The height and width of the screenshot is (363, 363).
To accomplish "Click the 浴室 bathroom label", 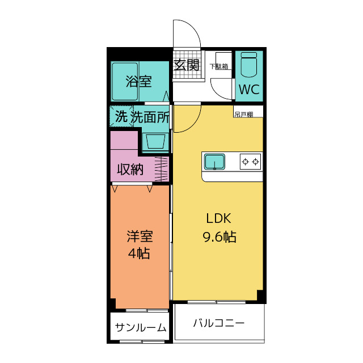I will pyautogui.click(x=138, y=81).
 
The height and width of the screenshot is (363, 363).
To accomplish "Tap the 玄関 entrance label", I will pyautogui.click(x=187, y=65).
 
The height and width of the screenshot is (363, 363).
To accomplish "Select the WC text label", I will pyautogui.click(x=248, y=90).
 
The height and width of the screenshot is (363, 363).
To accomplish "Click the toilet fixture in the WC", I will pyautogui.click(x=248, y=65).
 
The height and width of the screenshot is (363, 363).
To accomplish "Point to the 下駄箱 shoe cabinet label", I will pyautogui.click(x=219, y=66).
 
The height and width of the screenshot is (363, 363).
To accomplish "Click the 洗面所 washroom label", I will pyautogui.click(x=150, y=117).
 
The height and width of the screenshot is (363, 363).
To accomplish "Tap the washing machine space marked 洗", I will pyautogui.click(x=121, y=117).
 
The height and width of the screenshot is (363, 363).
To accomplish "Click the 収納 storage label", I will pyautogui.click(x=130, y=169).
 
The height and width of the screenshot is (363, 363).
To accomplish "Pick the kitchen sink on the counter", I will pyautogui.click(x=214, y=162).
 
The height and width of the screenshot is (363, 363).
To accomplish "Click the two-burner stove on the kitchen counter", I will pyautogui.click(x=250, y=162).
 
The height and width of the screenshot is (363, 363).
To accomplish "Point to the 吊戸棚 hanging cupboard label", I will pyautogui.click(x=244, y=114).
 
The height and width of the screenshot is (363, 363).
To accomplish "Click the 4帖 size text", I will pyautogui.click(x=139, y=254).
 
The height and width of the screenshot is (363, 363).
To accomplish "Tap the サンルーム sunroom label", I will pyautogui.click(x=141, y=327).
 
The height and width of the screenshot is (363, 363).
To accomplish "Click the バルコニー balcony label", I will pyautogui.click(x=218, y=323).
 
